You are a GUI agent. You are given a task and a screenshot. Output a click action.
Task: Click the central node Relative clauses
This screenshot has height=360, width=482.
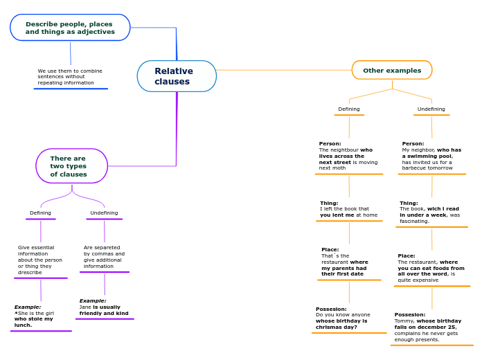coord(177,76)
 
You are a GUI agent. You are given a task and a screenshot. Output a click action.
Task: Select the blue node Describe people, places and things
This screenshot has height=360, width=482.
coord(70,28)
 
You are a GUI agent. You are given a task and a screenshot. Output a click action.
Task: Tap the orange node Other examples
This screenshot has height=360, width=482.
coord(392,70)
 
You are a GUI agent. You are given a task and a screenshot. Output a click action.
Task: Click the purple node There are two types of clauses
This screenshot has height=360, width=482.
coord(71,166)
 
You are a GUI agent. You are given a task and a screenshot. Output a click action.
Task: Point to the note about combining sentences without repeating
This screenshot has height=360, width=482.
coord(70,77)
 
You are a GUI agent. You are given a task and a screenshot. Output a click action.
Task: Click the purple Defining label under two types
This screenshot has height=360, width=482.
coord(40,213)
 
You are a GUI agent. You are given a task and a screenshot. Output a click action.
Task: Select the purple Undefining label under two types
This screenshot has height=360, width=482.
coord(104,213)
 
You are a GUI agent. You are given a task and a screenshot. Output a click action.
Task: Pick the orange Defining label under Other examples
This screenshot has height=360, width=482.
coord(349,109)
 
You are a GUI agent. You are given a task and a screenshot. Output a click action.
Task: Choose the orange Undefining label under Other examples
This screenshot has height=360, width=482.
coord(431,109)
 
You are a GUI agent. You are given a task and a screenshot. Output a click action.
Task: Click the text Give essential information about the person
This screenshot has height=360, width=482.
coord(40,260)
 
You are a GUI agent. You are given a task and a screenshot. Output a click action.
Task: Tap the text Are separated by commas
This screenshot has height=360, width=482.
coord(104,257)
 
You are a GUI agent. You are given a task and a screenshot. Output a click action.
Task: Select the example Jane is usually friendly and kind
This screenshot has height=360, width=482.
coord(104,307)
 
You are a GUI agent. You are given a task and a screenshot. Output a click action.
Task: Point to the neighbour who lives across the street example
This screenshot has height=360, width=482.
coord(348,156)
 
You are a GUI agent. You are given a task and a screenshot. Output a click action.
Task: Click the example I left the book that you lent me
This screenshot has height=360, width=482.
coord(348,209)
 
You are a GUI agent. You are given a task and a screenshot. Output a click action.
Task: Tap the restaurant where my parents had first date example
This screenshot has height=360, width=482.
coord(348,262)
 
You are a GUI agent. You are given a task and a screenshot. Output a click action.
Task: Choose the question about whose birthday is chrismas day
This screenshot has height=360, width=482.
coord(348,318)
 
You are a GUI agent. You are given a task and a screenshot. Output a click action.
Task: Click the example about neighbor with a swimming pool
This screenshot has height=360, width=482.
coord(431,156)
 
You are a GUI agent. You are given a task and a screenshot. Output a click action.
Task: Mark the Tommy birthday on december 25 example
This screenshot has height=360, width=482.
coord(431,327)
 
